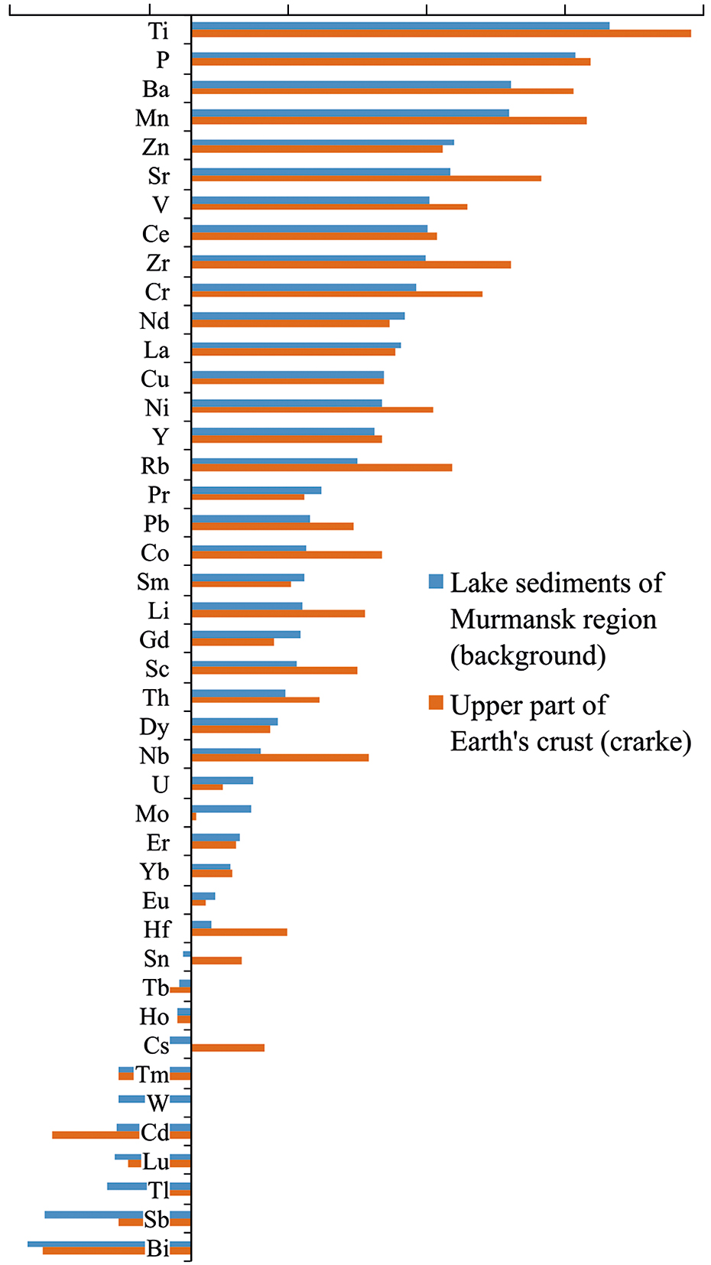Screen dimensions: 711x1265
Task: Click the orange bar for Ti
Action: pyautogui.click(x=441, y=34)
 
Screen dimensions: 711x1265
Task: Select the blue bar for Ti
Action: pyautogui.click(x=401, y=26)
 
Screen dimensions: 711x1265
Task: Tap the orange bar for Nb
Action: pyautogui.click(x=280, y=758)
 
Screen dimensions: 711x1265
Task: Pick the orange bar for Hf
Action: pyautogui.click(x=239, y=932)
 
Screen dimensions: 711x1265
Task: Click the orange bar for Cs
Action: pyautogui.click(x=228, y=1048)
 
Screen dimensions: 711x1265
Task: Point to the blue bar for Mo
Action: pyautogui.click(x=222, y=808)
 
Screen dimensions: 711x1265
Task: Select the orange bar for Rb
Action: pyautogui.click(x=322, y=467)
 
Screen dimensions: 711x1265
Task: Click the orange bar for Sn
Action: pyautogui.click(x=217, y=961)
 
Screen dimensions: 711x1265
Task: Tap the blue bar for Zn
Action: pyautogui.click(x=323, y=141)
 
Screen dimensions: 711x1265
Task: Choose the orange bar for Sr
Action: pyautogui.click(x=366, y=178)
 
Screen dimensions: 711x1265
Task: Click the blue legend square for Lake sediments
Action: pyautogui.click(x=436, y=581)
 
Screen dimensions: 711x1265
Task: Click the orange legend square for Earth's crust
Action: pyautogui.click(x=436, y=703)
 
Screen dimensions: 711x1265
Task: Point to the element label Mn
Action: pyautogui.click(x=152, y=118)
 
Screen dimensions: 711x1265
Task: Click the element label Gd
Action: pyautogui.click(x=154, y=640)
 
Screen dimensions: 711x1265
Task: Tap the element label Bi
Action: pyautogui.click(x=158, y=1248)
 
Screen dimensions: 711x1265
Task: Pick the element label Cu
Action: pyautogui.click(x=155, y=379)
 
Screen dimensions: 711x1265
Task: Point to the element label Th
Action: pyautogui.click(x=156, y=698)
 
